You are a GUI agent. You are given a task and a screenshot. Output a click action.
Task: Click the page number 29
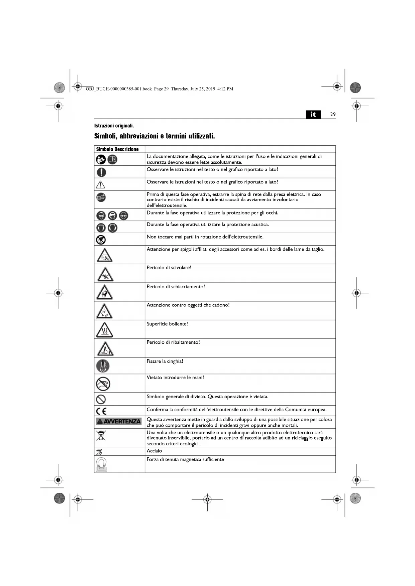click(332, 115)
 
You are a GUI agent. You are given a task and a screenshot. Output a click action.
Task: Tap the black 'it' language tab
click(313, 115)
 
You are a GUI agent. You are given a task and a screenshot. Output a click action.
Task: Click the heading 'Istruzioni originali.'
click(114, 126)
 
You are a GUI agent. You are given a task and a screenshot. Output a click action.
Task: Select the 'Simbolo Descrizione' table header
click(117, 149)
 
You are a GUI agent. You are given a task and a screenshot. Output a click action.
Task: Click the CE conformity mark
click(101, 411)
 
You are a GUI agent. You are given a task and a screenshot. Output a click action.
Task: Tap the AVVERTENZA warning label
click(119, 421)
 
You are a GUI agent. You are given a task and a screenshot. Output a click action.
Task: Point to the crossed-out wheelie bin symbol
click(101, 436)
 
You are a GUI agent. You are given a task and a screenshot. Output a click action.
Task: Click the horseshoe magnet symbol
click(101, 464)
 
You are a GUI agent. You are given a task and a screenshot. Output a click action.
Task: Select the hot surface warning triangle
click(104, 330)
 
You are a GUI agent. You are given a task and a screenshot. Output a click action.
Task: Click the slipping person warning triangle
click(105, 274)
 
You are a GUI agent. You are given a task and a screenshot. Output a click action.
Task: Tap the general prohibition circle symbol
click(101, 399)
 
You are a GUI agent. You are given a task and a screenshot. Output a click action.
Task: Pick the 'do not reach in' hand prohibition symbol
click(103, 384)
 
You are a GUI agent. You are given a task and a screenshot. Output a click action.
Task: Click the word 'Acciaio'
click(154, 451)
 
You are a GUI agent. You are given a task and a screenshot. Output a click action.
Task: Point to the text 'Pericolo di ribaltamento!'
click(173, 342)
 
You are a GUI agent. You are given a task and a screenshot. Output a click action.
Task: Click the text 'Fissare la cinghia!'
click(165, 361)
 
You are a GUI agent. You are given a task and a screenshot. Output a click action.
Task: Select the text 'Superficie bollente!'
click(167, 324)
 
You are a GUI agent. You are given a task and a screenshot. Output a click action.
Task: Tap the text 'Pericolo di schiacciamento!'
click(176, 287)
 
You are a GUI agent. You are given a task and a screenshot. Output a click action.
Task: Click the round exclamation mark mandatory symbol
click(101, 172)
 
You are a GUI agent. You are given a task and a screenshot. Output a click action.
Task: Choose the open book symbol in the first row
click(112, 160)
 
